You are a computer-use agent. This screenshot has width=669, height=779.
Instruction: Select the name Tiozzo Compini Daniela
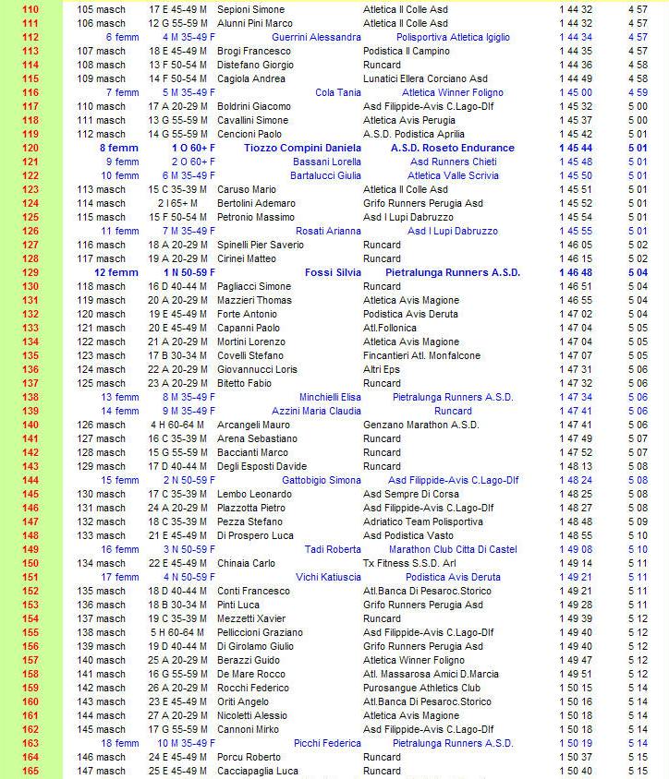tap(303, 148)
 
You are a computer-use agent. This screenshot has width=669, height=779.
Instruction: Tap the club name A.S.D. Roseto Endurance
tap(453, 148)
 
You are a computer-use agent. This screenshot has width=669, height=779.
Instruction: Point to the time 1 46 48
tap(576, 272)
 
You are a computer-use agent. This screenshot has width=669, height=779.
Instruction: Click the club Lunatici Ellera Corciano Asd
tap(425, 78)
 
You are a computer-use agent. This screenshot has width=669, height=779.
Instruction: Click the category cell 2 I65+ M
tap(176, 203)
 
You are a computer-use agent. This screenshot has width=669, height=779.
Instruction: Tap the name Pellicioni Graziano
tap(260, 632)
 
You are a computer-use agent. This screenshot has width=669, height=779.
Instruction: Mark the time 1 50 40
tap(576, 771)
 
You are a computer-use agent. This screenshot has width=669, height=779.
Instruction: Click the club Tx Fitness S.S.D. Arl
tap(409, 563)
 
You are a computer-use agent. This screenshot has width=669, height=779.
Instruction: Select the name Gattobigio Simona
tap(322, 480)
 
